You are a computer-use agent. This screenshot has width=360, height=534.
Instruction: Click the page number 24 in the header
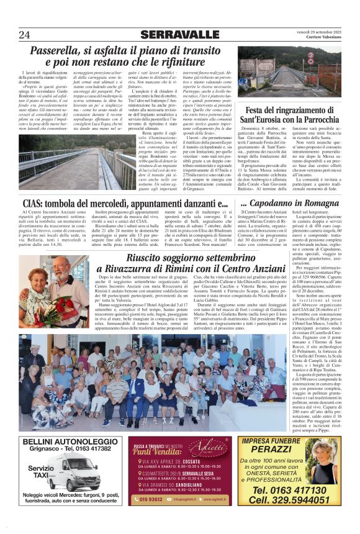pos(24,35)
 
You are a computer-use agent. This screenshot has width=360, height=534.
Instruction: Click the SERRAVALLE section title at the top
pos(179,35)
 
